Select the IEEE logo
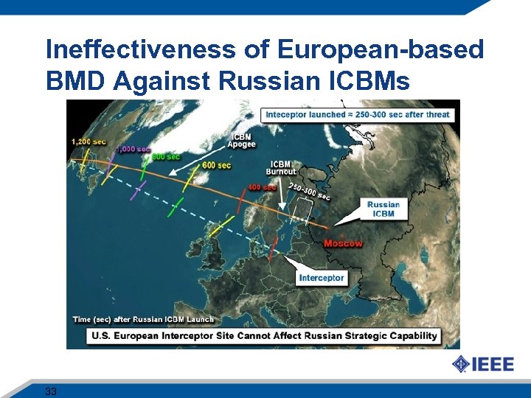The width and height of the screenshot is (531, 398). [483, 363]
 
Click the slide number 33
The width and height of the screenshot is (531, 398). [51, 391]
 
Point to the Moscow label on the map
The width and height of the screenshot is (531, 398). [343, 244]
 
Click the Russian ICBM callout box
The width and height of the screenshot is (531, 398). [383, 209]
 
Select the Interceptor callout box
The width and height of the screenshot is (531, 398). [322, 278]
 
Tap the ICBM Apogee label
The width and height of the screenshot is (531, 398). [243, 141]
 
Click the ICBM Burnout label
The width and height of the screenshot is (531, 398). [283, 168]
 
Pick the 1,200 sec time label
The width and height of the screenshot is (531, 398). [88, 141]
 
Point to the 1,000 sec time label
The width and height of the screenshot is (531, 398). [133, 149]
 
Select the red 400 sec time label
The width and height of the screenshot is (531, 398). [262, 187]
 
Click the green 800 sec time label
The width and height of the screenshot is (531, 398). [166, 156]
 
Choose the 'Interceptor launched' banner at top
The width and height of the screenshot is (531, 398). [357, 114]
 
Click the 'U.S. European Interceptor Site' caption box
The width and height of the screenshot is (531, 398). [264, 335]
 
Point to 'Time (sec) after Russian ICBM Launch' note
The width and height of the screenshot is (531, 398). [143, 319]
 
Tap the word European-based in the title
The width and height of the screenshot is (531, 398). [381, 50]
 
